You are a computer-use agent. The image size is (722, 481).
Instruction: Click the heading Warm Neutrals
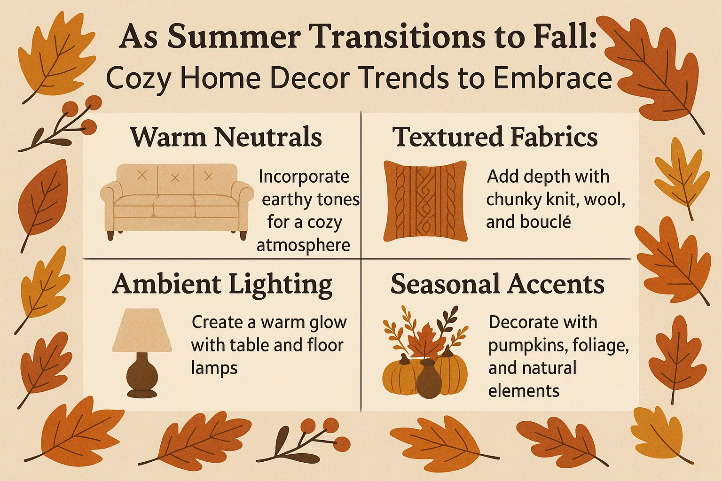coord(226,137)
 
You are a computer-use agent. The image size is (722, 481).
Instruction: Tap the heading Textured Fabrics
coord(495,137)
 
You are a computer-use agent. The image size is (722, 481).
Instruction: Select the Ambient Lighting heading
coord(222,285)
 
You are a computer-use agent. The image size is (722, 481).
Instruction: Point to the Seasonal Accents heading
coord(497,285)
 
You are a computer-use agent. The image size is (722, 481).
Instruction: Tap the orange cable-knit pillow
coord(425,201)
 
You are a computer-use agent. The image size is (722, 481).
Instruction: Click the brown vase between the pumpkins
coord(428,379)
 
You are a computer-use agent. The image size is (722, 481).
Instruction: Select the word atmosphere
coord(303,245)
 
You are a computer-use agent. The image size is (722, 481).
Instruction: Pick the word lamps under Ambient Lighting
coord(214,368)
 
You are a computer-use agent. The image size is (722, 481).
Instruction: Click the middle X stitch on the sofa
coord(175,178)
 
